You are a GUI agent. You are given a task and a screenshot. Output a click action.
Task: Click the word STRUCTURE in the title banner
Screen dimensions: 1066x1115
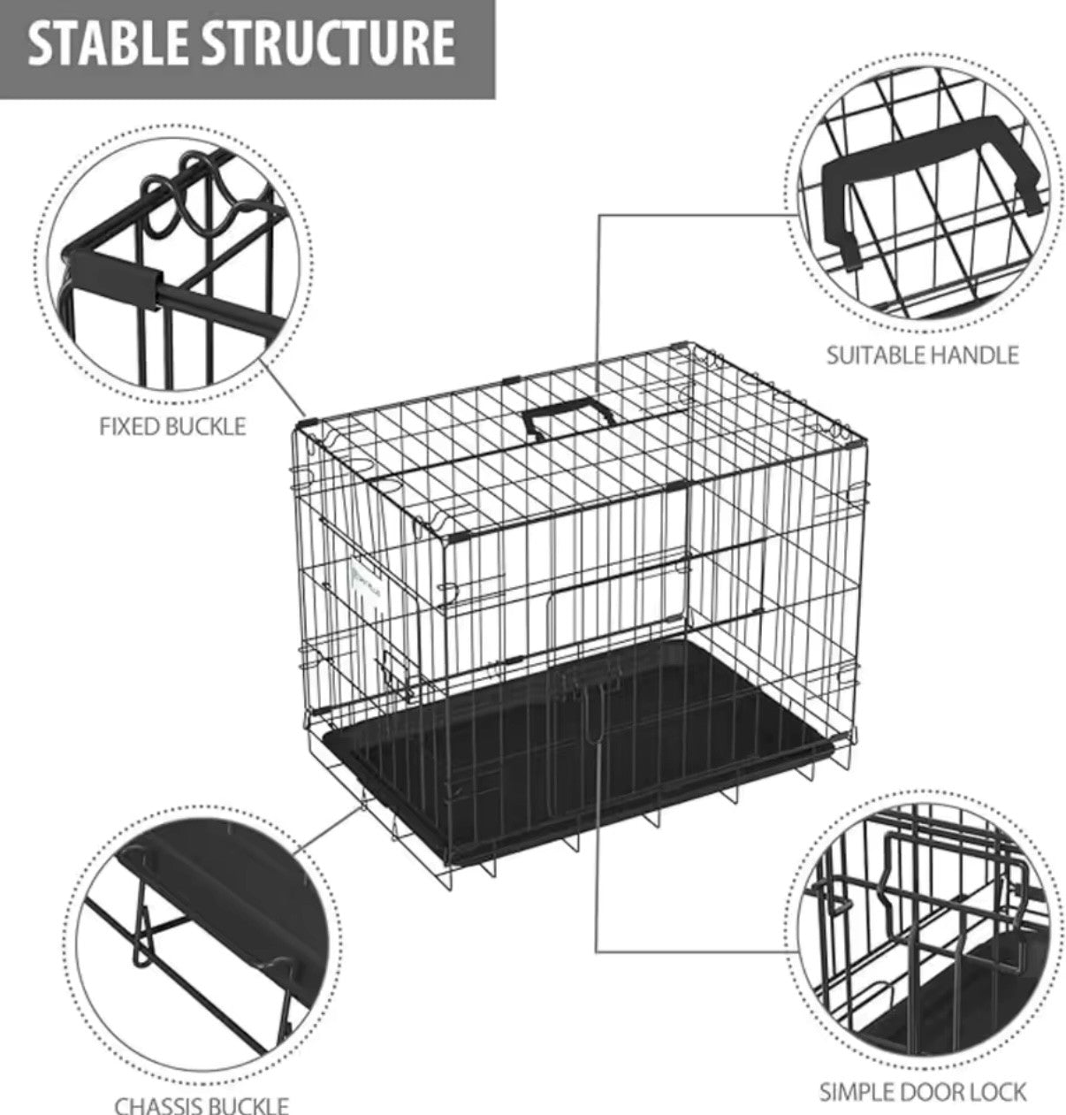pyautogui.click(x=324, y=44)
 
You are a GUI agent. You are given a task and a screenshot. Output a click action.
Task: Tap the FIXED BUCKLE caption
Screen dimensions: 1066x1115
pyautogui.click(x=172, y=427)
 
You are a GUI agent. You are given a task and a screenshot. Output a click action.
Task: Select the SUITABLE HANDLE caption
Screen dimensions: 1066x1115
pyautogui.click(x=922, y=355)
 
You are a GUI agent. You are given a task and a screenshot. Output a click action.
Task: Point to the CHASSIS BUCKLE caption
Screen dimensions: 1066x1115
pyautogui.click(x=202, y=1105)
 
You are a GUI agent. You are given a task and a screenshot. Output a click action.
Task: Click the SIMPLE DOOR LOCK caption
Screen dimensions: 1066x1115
pyautogui.click(x=922, y=1092)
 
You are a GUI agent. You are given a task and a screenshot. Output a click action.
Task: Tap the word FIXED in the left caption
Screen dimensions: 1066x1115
pyautogui.click(x=129, y=427)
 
